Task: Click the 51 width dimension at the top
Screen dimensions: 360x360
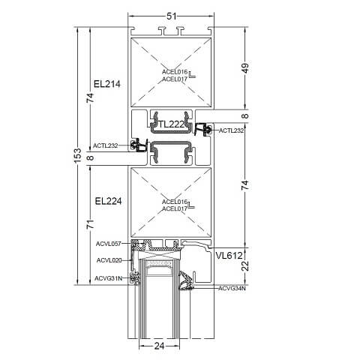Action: tap(172, 16)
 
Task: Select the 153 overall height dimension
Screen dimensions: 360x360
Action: tap(78, 155)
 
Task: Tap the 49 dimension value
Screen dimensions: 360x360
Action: tap(245, 68)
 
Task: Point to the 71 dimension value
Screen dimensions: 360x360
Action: tap(91, 224)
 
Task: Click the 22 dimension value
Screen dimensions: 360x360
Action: tap(246, 265)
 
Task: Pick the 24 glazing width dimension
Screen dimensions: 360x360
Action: tap(159, 346)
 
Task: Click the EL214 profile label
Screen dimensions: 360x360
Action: tap(107, 84)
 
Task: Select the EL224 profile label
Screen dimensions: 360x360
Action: tap(108, 201)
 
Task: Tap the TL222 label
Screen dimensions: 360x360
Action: tap(172, 124)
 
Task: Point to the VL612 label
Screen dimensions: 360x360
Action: tap(229, 256)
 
